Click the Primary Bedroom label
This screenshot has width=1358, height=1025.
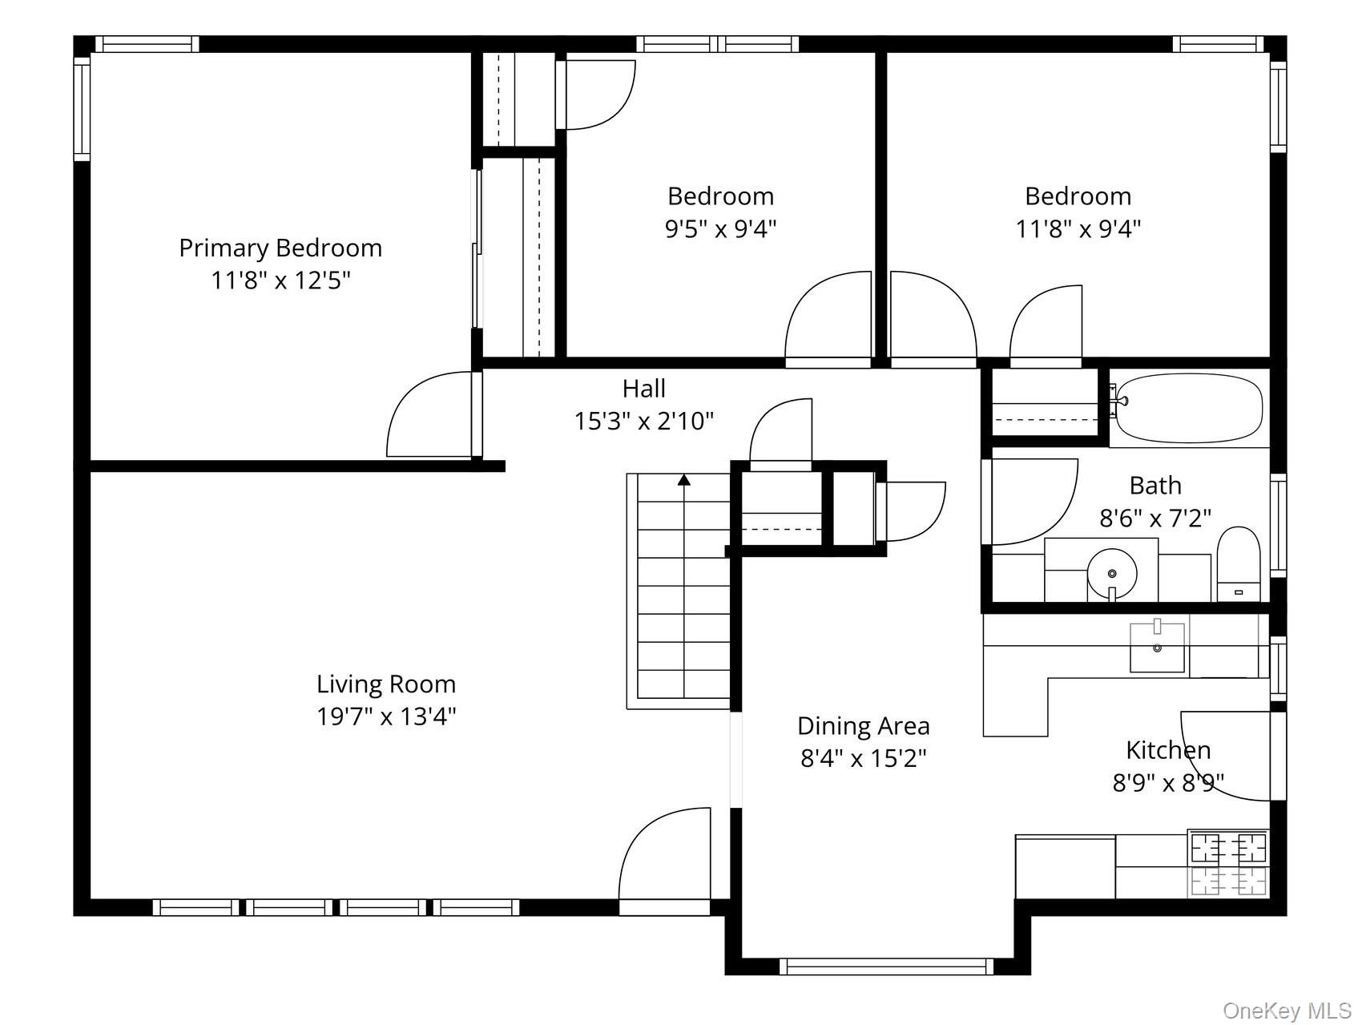[x=280, y=248]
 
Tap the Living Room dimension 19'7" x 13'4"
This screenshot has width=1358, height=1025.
[x=386, y=716]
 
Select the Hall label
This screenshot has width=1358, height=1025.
[x=644, y=389]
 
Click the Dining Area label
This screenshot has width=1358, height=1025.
[x=864, y=726]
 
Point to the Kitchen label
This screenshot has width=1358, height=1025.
[x=1168, y=750]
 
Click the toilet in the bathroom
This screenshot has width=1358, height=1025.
[x=1238, y=563]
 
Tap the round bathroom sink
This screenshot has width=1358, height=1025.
[x=1112, y=573]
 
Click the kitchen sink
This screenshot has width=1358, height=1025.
[x=1157, y=647]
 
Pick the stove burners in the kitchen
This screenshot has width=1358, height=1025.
[x=1228, y=864]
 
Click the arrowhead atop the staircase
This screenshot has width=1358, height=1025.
[x=684, y=480]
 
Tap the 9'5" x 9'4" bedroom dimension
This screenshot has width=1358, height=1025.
[x=721, y=229]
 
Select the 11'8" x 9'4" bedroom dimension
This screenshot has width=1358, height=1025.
[x=1078, y=229]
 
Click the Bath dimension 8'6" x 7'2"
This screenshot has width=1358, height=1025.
[x=1155, y=518]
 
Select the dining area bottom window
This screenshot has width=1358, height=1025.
[x=886, y=966]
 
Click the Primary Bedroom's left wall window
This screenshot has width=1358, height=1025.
[x=82, y=109]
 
